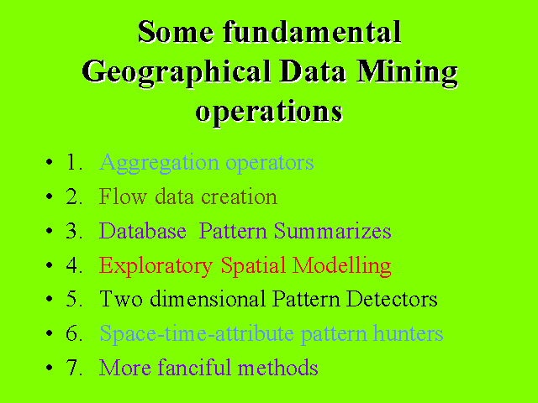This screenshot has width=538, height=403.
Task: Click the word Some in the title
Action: pyautogui.click(x=176, y=32)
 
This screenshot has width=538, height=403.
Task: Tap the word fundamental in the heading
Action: pyautogui.click(x=312, y=32)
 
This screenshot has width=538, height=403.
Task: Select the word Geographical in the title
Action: pyautogui.click(x=177, y=73)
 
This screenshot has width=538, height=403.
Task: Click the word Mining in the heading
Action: pyautogui.click(x=407, y=73)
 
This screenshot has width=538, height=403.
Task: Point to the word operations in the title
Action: pyautogui.click(x=269, y=112)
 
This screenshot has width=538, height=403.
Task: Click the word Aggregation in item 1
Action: pyautogui.click(x=159, y=163)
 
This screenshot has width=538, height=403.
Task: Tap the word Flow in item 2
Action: pyautogui.click(x=123, y=196)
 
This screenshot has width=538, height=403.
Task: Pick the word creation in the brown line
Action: pyautogui.click(x=239, y=196)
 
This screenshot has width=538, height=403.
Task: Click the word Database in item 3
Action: pyautogui.click(x=143, y=231)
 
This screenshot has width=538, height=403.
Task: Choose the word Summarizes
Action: pyautogui.click(x=333, y=231)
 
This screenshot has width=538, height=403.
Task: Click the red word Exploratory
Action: pyautogui.click(x=156, y=266)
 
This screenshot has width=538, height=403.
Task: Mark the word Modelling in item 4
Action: pyautogui.click(x=342, y=266)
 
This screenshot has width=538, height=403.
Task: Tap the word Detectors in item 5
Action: pyautogui.click(x=392, y=299)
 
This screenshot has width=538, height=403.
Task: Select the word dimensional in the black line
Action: pyautogui.click(x=208, y=299)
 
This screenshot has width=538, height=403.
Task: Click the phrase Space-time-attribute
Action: pyautogui.click(x=197, y=334)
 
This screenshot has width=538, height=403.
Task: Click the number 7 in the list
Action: pyautogui.click(x=71, y=368)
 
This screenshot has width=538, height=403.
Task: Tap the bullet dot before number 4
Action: pyautogui.click(x=50, y=265)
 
